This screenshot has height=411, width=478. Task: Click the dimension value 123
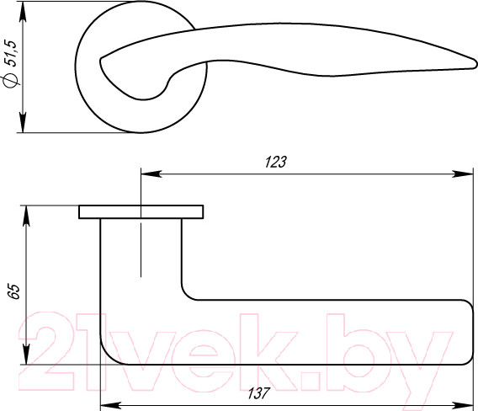pyautogui.click(x=275, y=163)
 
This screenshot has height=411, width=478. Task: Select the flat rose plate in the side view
pyautogui.click(x=141, y=211)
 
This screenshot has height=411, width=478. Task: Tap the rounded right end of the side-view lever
pyautogui.click(x=470, y=333)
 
